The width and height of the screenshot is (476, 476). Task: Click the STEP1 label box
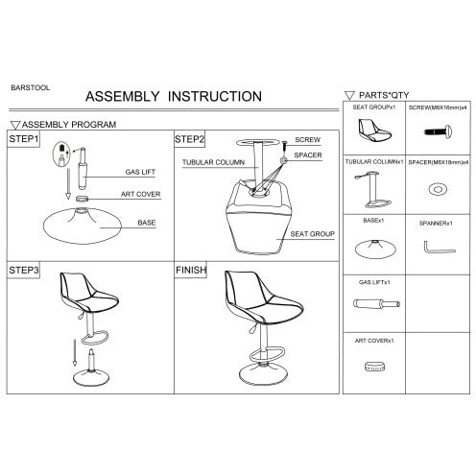point(23,139)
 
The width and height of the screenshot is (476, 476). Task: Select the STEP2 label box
point(189,139)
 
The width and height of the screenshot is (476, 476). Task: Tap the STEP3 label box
point(23,270)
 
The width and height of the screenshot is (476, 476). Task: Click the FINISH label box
point(191,270)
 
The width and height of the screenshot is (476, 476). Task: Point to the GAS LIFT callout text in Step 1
point(140,172)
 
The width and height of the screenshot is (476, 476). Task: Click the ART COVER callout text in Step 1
point(140,194)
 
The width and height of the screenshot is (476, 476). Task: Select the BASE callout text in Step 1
point(147,223)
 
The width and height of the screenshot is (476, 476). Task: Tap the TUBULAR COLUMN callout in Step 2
point(213,162)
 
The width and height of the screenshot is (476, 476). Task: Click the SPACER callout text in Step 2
point(308,155)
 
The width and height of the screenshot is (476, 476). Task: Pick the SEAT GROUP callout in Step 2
point(312,234)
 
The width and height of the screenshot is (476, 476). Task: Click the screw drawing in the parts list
point(438,131)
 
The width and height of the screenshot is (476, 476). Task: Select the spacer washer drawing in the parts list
point(438,189)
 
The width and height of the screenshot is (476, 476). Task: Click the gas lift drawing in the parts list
point(376,303)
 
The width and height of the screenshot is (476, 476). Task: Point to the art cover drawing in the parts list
point(374,367)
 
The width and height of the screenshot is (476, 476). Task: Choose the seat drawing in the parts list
point(374,131)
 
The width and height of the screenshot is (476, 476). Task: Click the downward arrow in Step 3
point(75,352)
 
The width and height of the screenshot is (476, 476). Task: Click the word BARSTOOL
point(30,87)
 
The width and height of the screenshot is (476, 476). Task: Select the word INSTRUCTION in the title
point(215,96)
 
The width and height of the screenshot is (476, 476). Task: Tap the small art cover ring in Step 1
point(82,199)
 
